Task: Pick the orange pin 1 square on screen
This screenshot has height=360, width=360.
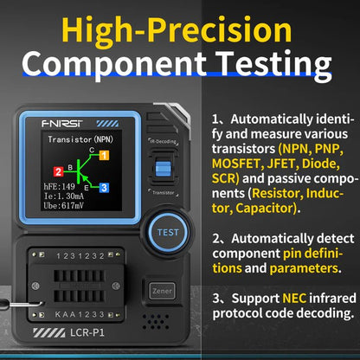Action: (104, 156)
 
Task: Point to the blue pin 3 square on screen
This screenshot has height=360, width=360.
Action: (104, 187)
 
